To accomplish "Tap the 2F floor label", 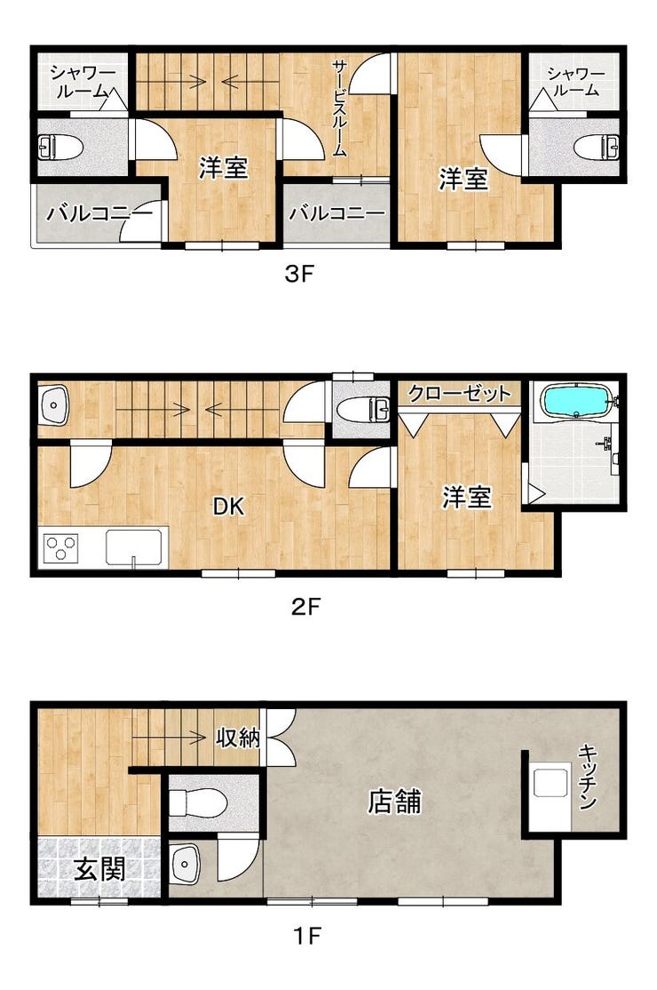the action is (x=305, y=607).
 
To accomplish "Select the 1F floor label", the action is (x=308, y=935).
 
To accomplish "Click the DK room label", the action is (x=227, y=506).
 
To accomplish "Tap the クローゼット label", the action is (x=460, y=394).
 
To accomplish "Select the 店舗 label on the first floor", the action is (x=395, y=802).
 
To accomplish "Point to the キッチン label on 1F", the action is (x=588, y=778).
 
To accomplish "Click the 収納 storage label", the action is (x=238, y=737).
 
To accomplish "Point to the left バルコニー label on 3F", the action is (x=98, y=213).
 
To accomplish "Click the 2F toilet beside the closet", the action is (x=364, y=411).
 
